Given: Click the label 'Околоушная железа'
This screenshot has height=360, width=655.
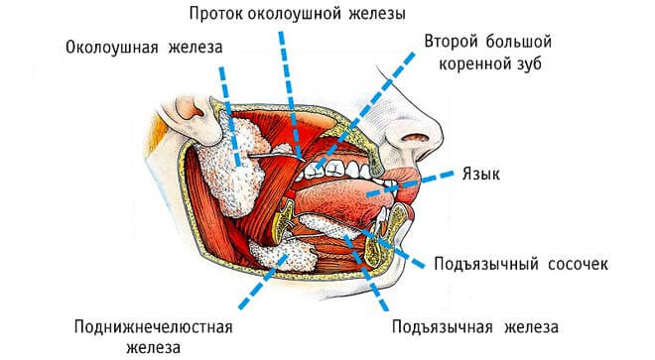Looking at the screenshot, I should [145, 49].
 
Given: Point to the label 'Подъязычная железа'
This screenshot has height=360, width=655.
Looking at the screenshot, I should [476, 326].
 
